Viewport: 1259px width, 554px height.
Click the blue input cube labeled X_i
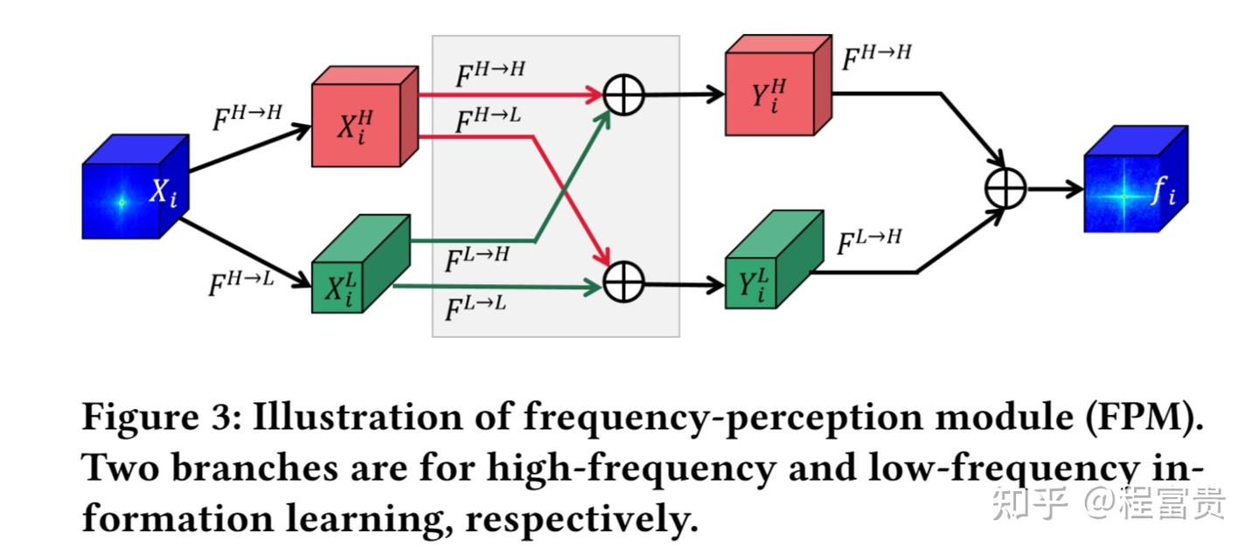pyautogui.click(x=134, y=189)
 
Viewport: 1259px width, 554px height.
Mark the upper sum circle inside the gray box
pyautogui.click(x=624, y=94)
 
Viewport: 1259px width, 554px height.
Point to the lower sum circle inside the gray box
pyautogui.click(x=624, y=280)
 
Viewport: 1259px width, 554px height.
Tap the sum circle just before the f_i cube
pyautogui.click(x=1005, y=188)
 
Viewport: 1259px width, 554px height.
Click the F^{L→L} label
pyautogui.click(x=476, y=307)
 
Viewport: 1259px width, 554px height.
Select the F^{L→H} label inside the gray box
pyautogui.click(x=476, y=256)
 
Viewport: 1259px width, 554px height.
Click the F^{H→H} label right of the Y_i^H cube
pyautogui.click(x=876, y=56)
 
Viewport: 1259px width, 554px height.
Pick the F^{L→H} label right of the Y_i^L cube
pyautogui.click(x=869, y=240)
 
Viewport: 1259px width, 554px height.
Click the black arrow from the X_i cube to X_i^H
pyautogui.click(x=249, y=149)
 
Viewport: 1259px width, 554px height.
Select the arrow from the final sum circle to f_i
pyautogui.click(x=1055, y=189)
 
